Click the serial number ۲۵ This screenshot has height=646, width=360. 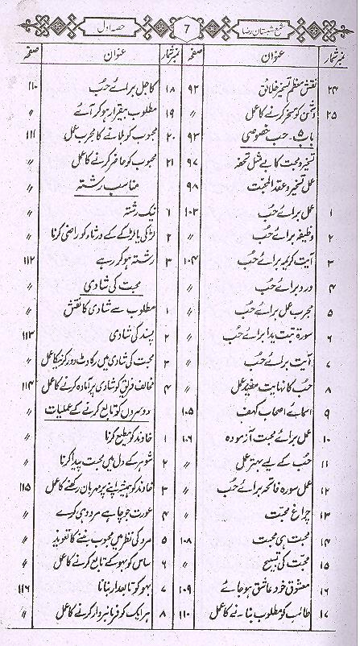[337, 101]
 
